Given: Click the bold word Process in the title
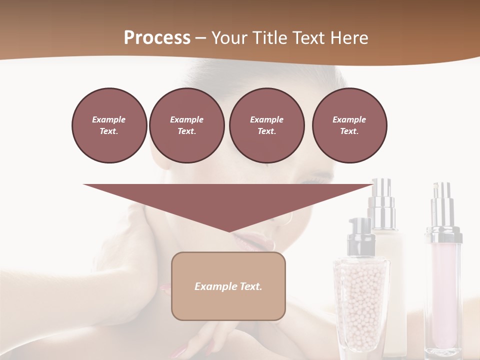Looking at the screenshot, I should pos(157,37).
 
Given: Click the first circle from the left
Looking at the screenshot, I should pos(109,125).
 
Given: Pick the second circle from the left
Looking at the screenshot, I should pos(186,125).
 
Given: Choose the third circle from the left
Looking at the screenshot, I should pos(266,125).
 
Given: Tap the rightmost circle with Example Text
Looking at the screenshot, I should pos(349,125).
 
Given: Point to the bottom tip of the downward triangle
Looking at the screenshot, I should pos(229,231).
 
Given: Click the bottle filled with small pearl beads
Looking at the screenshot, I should pos(361,305).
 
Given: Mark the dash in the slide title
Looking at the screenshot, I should pos(200,38).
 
